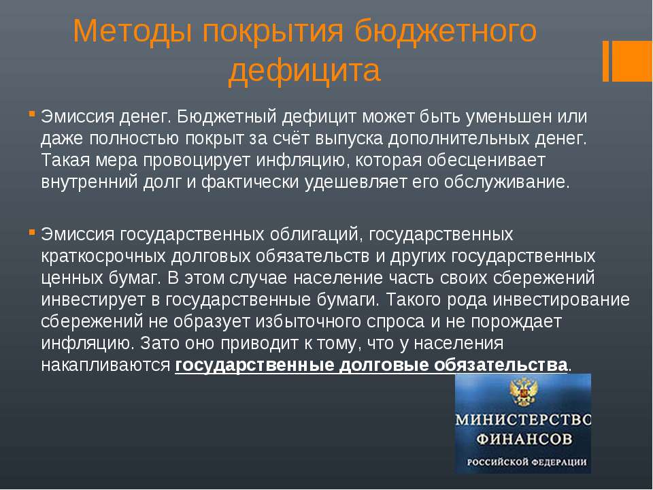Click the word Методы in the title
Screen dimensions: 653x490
tap(132, 32)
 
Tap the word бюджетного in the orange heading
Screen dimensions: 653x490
tap(446, 32)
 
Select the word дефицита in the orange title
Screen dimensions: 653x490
tap(305, 70)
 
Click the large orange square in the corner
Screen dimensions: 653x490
tap(632, 61)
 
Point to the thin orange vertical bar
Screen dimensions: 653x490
tap(605, 61)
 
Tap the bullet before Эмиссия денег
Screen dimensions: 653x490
tap(32, 114)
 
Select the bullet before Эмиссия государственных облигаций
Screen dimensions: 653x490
tap(32, 231)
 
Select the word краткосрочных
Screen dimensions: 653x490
tap(103, 257)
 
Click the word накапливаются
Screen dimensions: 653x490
tap(106, 365)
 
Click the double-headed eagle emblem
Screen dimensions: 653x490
tap(523, 391)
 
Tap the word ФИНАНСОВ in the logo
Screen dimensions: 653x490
tap(524, 439)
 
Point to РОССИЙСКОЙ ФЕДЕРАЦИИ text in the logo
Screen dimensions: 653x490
tap(526, 462)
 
